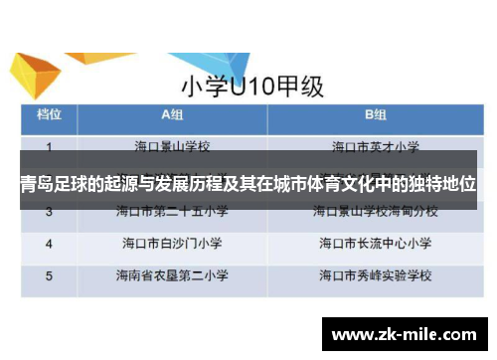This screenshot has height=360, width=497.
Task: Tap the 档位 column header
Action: pos(51,114)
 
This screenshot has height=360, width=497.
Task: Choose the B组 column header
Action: pos(375,114)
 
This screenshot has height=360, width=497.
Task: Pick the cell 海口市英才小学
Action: pos(375,146)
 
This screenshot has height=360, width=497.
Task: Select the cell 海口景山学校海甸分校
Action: pos(375,211)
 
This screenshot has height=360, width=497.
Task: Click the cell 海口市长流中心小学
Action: pos(375,242)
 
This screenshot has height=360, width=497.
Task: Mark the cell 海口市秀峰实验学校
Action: pos(375,273)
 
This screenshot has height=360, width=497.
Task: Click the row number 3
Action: pos(50,211)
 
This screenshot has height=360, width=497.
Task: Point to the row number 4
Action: pos(50,242)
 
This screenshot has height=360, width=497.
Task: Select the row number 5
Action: pos(50,273)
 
